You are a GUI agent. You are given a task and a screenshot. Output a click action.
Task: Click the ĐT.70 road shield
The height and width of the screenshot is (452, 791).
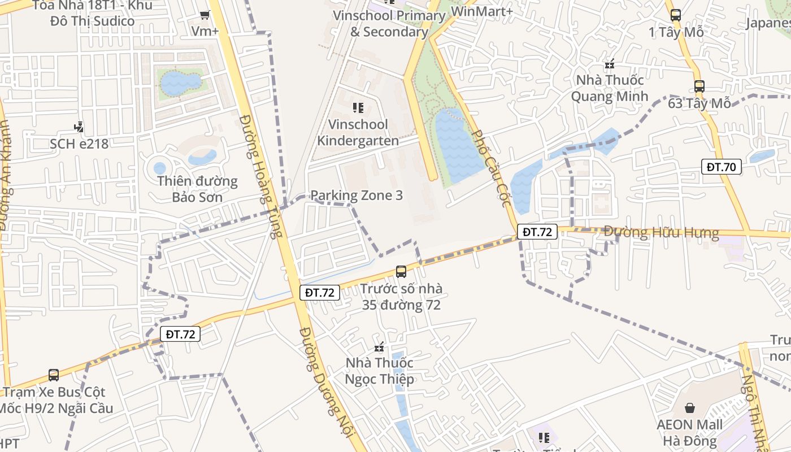tap(722, 167)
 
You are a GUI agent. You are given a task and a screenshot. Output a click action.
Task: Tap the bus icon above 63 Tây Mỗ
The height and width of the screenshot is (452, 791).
tap(699, 86)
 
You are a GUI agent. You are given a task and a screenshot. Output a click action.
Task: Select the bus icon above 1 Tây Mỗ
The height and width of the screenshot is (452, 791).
tap(676, 15)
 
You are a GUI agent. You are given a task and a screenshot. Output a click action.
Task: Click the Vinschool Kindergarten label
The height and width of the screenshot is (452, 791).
tap(358, 132)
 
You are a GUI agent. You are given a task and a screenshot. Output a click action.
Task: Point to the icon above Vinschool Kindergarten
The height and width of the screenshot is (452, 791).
tap(358, 107)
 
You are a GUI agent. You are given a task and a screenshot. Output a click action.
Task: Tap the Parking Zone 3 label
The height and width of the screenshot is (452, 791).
tap(357, 195)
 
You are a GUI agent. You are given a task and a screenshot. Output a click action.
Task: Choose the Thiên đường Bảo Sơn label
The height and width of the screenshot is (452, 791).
tap(197, 189)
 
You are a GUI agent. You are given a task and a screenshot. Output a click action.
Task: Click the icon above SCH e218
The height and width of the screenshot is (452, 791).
tap(79, 127)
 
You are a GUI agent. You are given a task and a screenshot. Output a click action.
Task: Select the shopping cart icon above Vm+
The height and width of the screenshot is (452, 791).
tap(205, 15)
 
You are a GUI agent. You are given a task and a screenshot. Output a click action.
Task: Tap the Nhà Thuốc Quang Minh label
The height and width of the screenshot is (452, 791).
tap(610, 88)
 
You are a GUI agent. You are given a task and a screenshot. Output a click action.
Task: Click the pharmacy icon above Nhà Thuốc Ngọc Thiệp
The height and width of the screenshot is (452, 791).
tap(380, 346)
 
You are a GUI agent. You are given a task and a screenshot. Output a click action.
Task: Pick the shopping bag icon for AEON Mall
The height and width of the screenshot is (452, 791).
tap(690, 407)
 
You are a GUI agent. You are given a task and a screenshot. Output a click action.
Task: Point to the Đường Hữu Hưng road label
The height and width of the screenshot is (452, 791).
tap(661, 232)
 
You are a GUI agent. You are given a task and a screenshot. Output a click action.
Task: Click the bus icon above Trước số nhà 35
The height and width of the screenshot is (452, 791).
tap(401, 272)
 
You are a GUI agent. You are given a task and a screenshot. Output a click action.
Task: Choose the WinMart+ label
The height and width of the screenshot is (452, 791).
tap(482, 11)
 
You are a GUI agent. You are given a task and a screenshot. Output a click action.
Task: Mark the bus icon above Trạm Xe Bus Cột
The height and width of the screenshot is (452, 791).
tap(54, 375)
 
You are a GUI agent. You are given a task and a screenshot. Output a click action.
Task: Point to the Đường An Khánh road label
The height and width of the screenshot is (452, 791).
tap(6, 175)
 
